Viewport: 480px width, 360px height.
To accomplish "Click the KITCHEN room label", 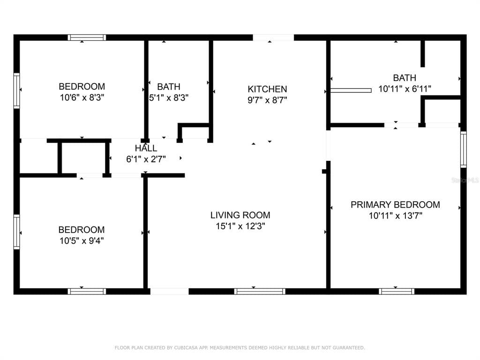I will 267,89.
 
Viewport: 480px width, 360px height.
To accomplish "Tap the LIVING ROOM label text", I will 240,215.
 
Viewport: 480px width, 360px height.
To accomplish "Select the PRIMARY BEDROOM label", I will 395,204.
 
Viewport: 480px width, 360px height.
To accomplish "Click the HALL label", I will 146,149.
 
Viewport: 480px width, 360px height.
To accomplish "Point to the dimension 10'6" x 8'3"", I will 82,97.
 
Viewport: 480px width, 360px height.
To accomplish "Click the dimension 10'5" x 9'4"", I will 81,241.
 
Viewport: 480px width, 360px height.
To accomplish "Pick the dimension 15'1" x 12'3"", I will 240,226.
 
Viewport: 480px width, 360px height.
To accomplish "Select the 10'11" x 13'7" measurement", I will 395,216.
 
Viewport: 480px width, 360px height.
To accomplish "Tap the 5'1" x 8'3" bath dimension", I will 169,97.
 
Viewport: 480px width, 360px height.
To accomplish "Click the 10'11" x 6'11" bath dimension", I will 405,89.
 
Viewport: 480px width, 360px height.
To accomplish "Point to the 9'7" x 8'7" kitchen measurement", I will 267,100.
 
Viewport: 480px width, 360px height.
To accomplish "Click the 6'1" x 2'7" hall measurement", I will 146,159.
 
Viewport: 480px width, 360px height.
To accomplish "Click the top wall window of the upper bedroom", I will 87,37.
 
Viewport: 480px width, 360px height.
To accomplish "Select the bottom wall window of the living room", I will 260,292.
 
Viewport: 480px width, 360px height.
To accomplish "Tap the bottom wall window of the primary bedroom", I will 397,292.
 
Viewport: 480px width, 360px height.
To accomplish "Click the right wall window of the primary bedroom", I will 464,150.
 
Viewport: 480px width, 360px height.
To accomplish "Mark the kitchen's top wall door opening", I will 273,37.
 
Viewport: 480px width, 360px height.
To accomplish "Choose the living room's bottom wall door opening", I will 169,292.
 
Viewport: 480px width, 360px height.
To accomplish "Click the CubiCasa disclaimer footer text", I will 240,348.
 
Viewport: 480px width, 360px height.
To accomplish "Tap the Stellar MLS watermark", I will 468,180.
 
